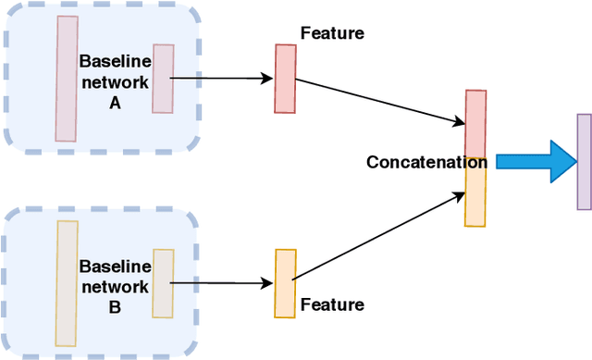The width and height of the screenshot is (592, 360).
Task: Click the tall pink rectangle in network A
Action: (67, 79)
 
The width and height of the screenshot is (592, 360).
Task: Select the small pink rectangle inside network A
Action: (163, 79)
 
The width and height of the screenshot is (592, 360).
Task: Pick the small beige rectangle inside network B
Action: (163, 282)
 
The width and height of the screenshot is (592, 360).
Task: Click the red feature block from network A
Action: (285, 79)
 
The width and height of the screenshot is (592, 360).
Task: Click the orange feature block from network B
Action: (285, 283)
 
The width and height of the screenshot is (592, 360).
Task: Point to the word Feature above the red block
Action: (332, 34)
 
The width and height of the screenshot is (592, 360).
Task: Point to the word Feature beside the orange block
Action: (332, 304)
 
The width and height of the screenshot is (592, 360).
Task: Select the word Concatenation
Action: (425, 162)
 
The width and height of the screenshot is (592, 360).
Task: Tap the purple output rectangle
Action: (584, 161)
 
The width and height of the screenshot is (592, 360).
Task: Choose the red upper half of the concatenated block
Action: (475, 124)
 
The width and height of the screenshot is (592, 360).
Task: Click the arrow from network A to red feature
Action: (222, 78)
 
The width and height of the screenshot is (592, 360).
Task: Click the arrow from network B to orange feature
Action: (222, 283)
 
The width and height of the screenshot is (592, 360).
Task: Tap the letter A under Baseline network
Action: (115, 104)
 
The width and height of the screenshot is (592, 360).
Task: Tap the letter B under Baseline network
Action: (115, 306)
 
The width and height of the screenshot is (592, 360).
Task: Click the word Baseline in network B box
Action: (115, 266)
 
